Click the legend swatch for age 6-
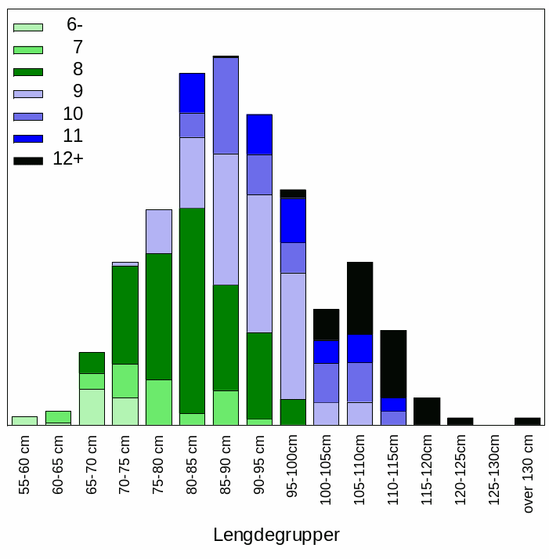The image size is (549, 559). pyautogui.click(x=27, y=27)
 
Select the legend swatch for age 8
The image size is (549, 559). pyautogui.click(x=27, y=71)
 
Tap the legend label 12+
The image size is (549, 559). pyautogui.click(x=68, y=159)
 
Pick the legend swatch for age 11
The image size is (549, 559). pyautogui.click(x=27, y=139)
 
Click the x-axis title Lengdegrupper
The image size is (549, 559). pyautogui.click(x=276, y=535)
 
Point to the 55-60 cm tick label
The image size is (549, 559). pyautogui.click(x=25, y=466)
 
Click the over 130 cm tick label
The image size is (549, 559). pyautogui.click(x=528, y=475)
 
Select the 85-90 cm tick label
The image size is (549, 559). pyautogui.click(x=226, y=466)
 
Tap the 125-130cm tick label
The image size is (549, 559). pyautogui.click(x=494, y=469)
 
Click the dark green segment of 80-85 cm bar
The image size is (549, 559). pyautogui.click(x=192, y=310)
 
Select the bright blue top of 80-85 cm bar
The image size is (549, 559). pyautogui.click(x=192, y=93)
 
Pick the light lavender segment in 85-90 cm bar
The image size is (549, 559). pyautogui.click(x=226, y=219)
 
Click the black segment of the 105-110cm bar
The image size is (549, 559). pyautogui.click(x=359, y=298)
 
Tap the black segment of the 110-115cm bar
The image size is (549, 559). pyautogui.click(x=393, y=364)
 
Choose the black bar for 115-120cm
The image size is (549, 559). pyautogui.click(x=427, y=411)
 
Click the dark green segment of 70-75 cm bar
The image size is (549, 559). pyautogui.click(x=125, y=314)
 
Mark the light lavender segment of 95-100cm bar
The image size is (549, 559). pyautogui.click(x=293, y=336)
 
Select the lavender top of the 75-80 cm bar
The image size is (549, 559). pyautogui.click(x=159, y=231)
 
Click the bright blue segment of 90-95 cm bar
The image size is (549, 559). pyautogui.click(x=259, y=135)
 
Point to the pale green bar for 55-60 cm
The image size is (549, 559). pyautogui.click(x=25, y=420)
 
